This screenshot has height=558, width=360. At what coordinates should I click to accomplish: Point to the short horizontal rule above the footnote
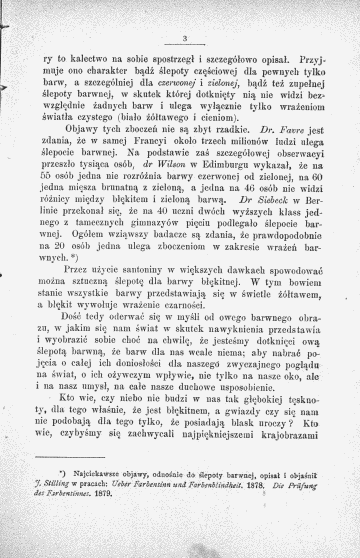69,456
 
